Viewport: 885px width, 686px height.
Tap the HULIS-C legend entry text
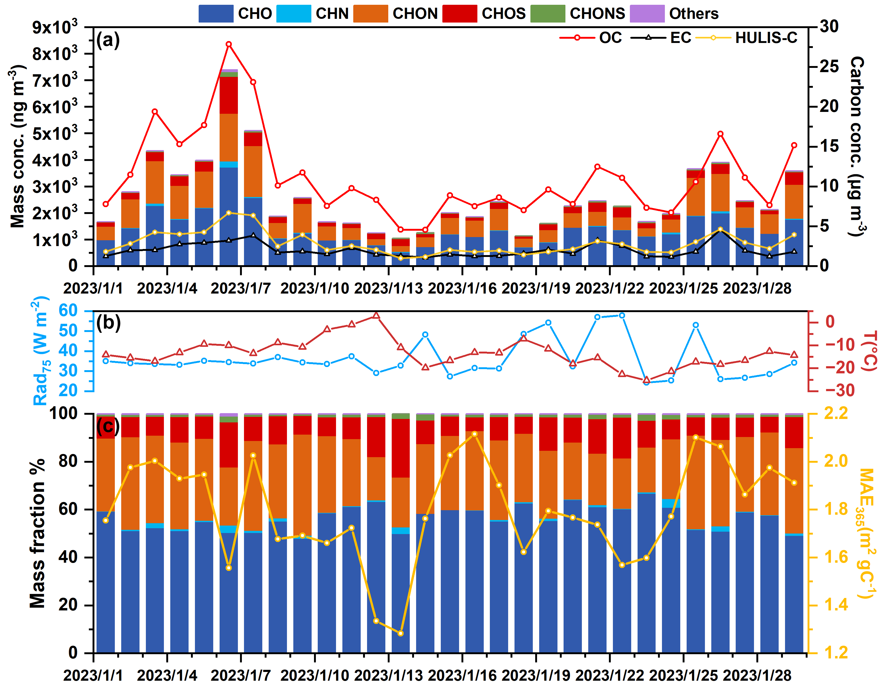(x=766, y=38)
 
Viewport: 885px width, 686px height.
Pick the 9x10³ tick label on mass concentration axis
(x=55, y=27)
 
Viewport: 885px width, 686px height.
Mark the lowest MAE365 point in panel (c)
(x=401, y=633)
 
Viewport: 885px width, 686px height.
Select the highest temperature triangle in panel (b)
(x=376, y=316)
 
